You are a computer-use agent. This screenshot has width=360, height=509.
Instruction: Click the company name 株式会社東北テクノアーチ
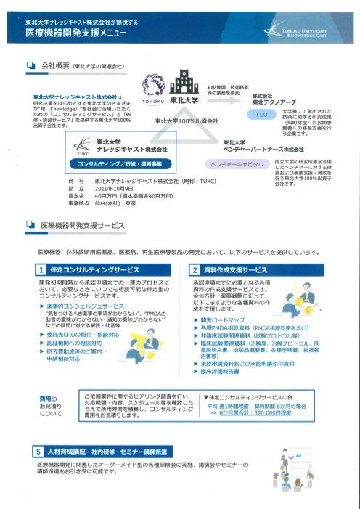pos(275,98)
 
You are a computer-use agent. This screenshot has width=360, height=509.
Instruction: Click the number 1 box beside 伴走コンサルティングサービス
pos(42,270)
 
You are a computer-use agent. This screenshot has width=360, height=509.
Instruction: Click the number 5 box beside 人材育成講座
pos(42,452)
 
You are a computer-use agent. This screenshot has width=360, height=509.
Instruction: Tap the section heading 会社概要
pos(55,65)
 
